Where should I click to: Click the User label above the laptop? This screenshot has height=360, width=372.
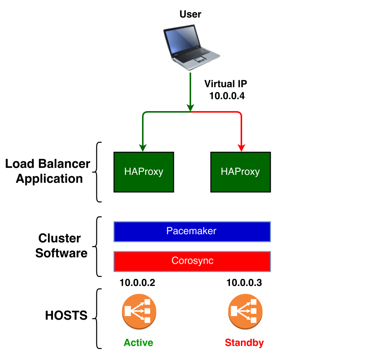coord(190,15)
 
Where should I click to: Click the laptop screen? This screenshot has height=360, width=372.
coord(182,40)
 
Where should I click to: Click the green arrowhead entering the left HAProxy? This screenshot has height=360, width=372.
coord(142,147)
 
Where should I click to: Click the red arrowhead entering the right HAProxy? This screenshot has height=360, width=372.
coord(241,147)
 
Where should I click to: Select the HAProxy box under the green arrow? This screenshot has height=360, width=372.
coord(144,172)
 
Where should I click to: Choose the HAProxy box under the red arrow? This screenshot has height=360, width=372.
coord(240,172)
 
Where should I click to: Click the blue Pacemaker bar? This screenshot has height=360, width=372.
coord(192,231)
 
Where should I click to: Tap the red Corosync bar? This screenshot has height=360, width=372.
coord(192,261)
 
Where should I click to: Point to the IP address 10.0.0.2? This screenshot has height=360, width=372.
coord(137,283)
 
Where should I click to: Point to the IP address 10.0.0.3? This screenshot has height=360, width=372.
coord(244,283)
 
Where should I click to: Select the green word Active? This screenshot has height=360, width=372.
coord(138,342)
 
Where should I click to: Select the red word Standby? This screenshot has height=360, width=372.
coord(244,342)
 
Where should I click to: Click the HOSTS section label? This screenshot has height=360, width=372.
coord(66,316)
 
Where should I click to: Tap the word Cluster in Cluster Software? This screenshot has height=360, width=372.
coord(59,238)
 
